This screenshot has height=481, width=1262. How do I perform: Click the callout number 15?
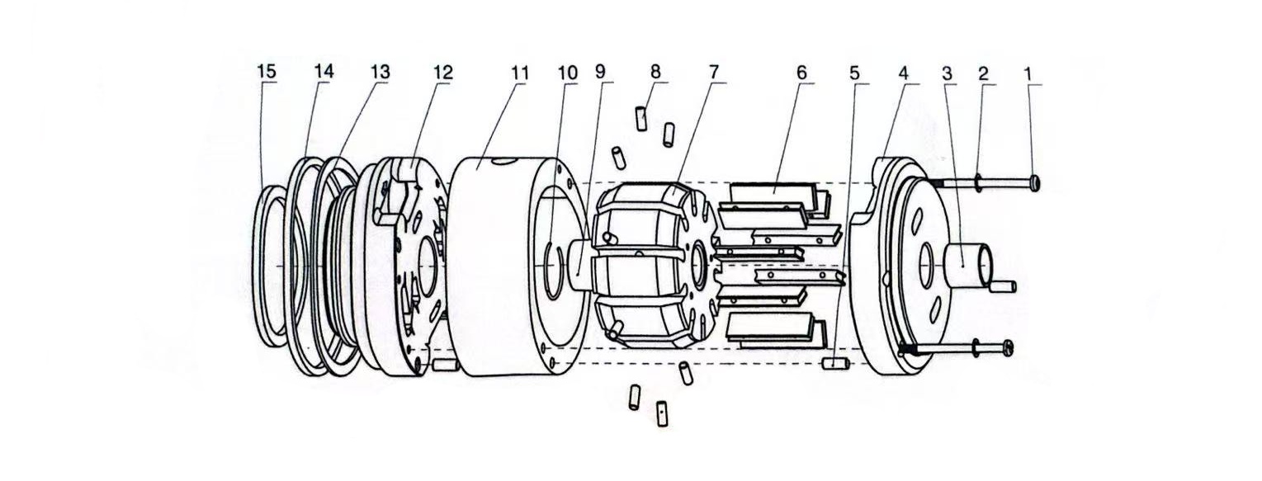[266, 72]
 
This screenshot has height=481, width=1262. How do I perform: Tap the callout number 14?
[324, 72]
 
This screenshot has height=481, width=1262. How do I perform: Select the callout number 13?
[379, 72]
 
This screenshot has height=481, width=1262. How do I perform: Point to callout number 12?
[442, 72]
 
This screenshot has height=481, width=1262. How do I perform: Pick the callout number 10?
[568, 72]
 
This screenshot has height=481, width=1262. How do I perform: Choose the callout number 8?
[655, 72]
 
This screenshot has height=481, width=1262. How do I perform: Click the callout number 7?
[715, 72]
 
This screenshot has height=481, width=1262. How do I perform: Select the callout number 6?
[801, 72]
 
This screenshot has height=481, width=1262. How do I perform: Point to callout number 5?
[854, 72]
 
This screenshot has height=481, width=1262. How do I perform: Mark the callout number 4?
[904, 72]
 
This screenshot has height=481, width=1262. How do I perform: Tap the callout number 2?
[983, 72]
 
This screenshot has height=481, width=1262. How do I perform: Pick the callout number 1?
[1028, 72]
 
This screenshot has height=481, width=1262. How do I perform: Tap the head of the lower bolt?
[1009, 348]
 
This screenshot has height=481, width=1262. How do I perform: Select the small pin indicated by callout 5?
[835, 364]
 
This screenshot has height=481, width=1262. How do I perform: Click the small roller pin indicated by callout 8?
[641, 118]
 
